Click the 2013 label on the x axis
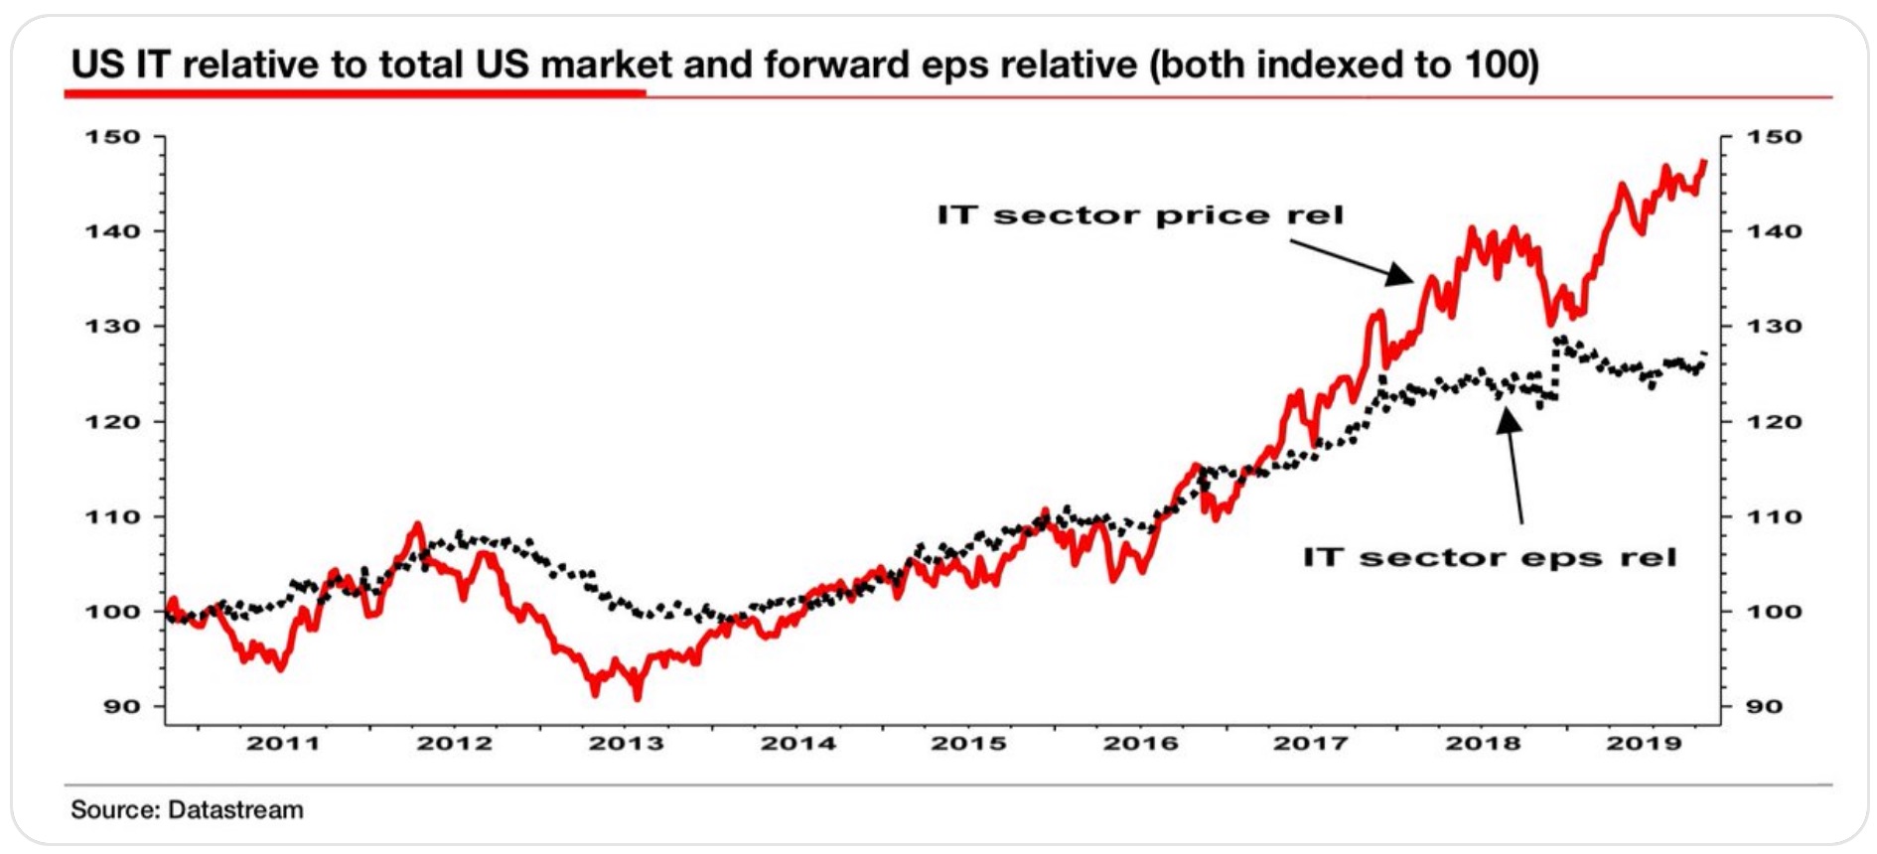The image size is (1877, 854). [x=626, y=743]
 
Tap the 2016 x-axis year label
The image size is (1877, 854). [x=1141, y=743]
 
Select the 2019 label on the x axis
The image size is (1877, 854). [x=1645, y=743]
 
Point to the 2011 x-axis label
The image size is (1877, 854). [x=283, y=743]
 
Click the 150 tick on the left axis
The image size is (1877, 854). [x=112, y=137]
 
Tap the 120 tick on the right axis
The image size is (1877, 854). [x=1774, y=421]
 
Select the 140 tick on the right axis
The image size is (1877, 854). [x=1774, y=231]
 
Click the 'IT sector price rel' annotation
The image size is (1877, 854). [x=1139, y=215]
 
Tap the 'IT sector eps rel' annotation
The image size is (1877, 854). [x=1490, y=557]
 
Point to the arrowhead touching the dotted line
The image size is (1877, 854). [x=1508, y=420]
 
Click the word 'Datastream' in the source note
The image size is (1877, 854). [x=235, y=810]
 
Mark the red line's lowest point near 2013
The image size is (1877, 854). [x=637, y=697]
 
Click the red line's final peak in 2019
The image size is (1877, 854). [x=1704, y=161]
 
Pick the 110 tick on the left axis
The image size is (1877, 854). [x=112, y=516]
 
